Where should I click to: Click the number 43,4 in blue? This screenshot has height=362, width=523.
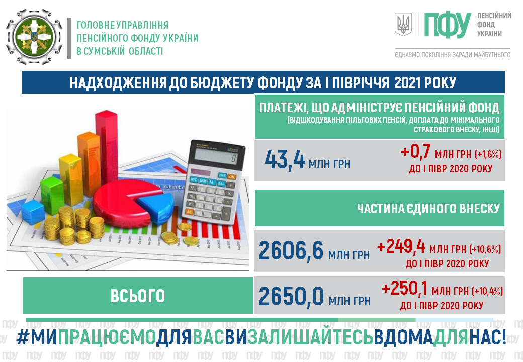(x=285, y=160)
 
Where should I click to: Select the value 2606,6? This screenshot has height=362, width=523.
(x=291, y=251)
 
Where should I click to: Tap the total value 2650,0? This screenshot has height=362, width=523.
(x=291, y=296)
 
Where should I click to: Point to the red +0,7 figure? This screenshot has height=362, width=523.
(x=415, y=151)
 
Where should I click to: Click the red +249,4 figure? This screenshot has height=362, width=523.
(x=401, y=247)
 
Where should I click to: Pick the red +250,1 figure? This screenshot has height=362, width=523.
(x=405, y=288)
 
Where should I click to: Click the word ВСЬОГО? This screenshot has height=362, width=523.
(x=138, y=296)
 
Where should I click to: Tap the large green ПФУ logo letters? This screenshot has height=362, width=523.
(x=448, y=25)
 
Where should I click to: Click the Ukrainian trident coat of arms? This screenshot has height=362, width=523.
(x=403, y=24)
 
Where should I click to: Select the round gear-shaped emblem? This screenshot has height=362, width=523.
(x=34, y=37)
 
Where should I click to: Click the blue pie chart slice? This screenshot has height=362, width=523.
(x=155, y=205)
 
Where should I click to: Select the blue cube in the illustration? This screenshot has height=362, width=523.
(x=33, y=211)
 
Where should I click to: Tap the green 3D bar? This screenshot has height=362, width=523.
(x=52, y=195)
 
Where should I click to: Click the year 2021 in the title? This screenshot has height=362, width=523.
(x=408, y=82)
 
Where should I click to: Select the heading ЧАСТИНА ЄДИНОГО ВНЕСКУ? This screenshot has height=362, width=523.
(x=428, y=208)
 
